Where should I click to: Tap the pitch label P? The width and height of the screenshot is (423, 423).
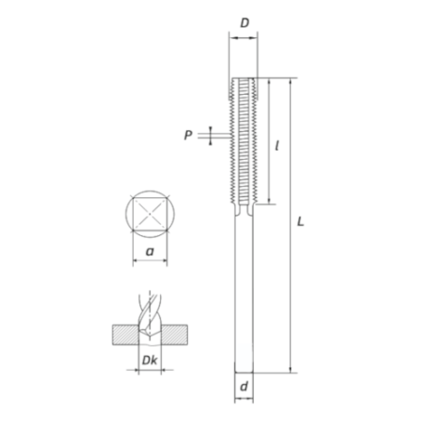click(189, 136)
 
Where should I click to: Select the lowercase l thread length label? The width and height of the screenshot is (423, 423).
click(280, 145)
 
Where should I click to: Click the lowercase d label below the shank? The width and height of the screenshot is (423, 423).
click(243, 383)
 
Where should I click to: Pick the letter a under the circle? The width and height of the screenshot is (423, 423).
click(151, 250)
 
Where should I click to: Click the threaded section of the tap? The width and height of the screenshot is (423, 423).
click(243, 139)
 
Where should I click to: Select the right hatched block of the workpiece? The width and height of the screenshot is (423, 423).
click(176, 333)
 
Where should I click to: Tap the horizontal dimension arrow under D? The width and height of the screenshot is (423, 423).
click(243, 38)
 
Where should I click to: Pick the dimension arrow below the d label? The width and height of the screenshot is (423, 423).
click(243, 400)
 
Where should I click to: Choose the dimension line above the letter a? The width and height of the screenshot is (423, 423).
click(151, 262)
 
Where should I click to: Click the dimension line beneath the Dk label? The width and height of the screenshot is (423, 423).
click(149, 370)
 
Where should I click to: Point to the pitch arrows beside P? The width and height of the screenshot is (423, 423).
click(211, 136)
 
